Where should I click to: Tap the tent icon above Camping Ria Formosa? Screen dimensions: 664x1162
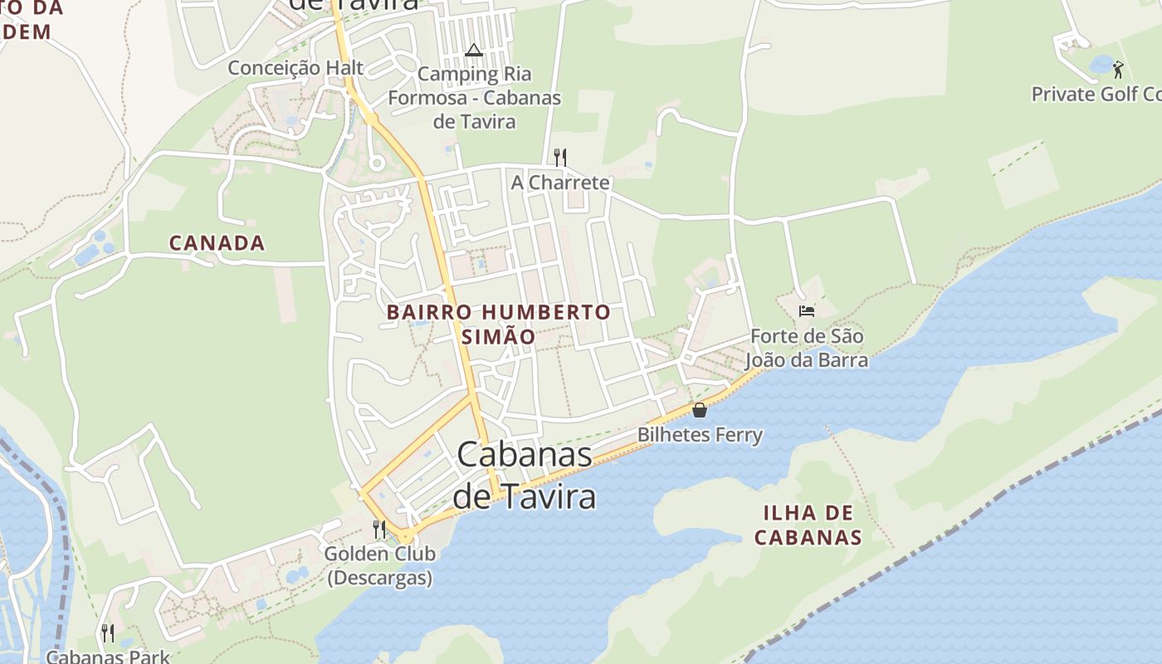pyautogui.click(x=474, y=50)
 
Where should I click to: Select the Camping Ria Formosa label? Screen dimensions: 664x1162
pyautogui.click(x=474, y=98)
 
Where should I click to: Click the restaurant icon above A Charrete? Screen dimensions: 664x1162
pyautogui.click(x=560, y=157)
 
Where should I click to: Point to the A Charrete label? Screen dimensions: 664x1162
pyautogui.click(x=560, y=183)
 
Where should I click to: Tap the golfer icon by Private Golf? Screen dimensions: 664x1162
pyautogui.click(x=1118, y=70)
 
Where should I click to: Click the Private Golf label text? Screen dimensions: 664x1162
pyautogui.click(x=1096, y=94)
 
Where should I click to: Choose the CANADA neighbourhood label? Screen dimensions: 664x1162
pyautogui.click(x=217, y=243)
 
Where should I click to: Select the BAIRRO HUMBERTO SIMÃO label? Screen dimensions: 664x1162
pyautogui.click(x=499, y=325)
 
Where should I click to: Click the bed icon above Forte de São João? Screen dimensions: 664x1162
pyautogui.click(x=806, y=311)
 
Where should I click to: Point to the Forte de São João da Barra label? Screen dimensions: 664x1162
pyautogui.click(x=806, y=349)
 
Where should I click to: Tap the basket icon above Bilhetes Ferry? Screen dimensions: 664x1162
pyautogui.click(x=700, y=410)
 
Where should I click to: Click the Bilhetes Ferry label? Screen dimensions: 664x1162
pyautogui.click(x=700, y=434)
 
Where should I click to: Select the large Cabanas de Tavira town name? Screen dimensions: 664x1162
pyautogui.click(x=525, y=475)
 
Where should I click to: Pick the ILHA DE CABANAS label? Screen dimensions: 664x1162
pyautogui.click(x=808, y=525)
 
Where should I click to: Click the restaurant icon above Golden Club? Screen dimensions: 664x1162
pyautogui.click(x=379, y=529)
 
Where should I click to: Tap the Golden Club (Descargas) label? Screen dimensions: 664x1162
pyautogui.click(x=379, y=565)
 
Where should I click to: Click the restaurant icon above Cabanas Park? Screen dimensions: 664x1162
pyautogui.click(x=107, y=633)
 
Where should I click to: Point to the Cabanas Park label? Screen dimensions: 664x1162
pyautogui.click(x=107, y=657)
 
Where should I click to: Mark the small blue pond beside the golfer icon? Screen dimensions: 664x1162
pyautogui.click(x=1101, y=64)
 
